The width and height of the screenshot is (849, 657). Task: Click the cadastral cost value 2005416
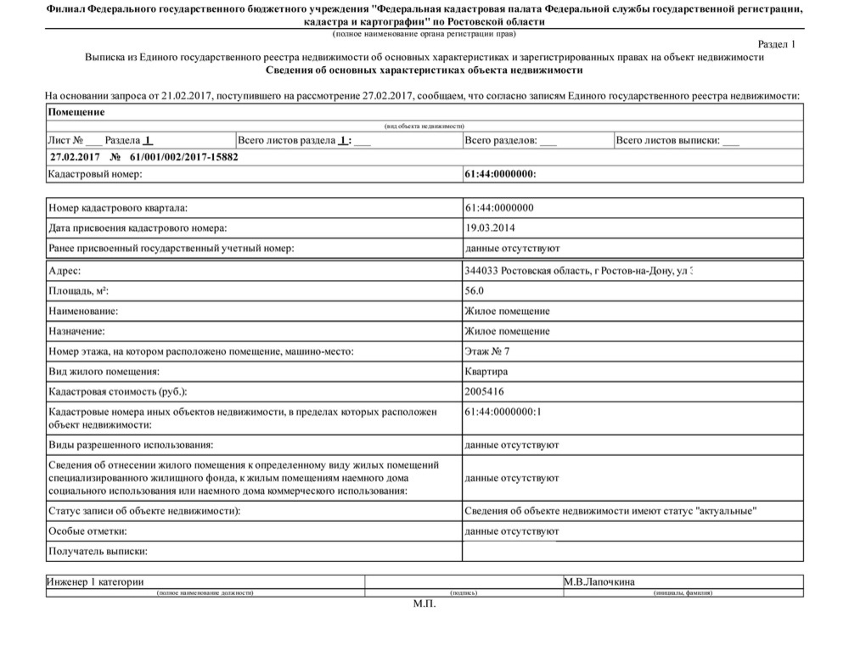pyautogui.click(x=486, y=392)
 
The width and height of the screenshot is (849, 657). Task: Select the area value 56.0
pyautogui.click(x=475, y=291)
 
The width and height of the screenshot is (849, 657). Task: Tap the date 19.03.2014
pyautogui.click(x=490, y=228)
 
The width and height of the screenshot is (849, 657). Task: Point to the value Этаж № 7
pyautogui.click(x=487, y=351)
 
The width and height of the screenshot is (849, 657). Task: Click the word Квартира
pyautogui.click(x=486, y=372)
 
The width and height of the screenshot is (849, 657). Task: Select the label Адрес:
pyautogui.click(x=65, y=271)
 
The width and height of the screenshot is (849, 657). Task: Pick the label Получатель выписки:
pyautogui.click(x=98, y=552)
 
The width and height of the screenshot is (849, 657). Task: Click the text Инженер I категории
pyautogui.click(x=95, y=582)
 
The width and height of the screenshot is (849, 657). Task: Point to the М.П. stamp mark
pyautogui.click(x=424, y=604)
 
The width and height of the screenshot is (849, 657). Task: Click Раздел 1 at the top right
pyautogui.click(x=776, y=43)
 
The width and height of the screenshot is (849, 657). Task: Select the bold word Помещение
pyautogui.click(x=77, y=112)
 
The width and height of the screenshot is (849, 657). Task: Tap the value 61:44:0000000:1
pyautogui.click(x=503, y=412)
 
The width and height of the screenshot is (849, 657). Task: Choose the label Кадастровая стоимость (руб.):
pyautogui.click(x=118, y=392)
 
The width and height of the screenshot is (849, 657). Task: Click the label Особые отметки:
pyautogui.click(x=88, y=531)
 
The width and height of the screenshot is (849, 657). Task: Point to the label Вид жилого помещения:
pyautogui.click(x=104, y=372)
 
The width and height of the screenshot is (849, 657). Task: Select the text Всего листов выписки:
pyautogui.click(x=668, y=141)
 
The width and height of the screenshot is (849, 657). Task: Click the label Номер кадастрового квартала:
pyautogui.click(x=118, y=208)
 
